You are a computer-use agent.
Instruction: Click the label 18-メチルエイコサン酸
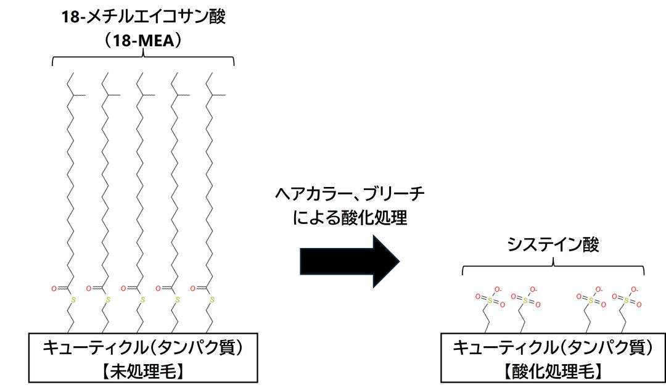point(143,17)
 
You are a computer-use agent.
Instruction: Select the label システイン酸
point(553,245)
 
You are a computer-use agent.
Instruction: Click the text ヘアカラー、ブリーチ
point(349,195)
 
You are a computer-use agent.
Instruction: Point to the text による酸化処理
point(349,218)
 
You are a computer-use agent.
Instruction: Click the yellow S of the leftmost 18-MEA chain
point(73,301)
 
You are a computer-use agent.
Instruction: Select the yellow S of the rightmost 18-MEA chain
point(212,301)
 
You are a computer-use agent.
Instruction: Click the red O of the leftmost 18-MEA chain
point(55,288)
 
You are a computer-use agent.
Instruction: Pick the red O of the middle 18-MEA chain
point(124,288)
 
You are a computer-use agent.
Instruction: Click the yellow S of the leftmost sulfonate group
point(487,301)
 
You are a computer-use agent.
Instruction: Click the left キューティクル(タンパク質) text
point(143,348)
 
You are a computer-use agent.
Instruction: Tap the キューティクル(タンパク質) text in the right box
point(553,349)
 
